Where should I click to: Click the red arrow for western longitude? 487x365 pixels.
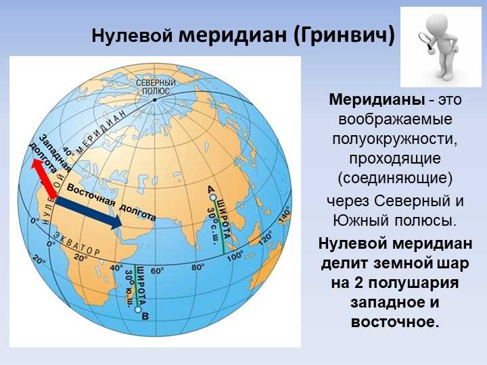click(45, 178)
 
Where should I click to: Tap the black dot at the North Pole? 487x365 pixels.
click(154, 100)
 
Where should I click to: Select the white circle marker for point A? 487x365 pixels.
click(213, 197)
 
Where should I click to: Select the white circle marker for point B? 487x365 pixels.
click(138, 309)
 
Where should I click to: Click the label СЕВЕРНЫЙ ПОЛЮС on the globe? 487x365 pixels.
click(156, 87)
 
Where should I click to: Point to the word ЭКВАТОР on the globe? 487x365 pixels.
click(76, 243)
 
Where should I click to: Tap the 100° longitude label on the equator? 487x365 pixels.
click(235, 256)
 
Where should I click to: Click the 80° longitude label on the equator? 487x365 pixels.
click(198, 267)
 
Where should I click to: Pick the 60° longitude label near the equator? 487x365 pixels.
click(157, 270)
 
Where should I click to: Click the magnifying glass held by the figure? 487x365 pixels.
click(425, 41)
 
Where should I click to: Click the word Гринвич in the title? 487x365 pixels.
click(343, 36)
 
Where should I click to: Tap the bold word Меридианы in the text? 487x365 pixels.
click(377, 100)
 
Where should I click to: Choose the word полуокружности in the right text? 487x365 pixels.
click(395, 139)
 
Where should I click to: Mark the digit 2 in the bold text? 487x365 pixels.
click(358, 283)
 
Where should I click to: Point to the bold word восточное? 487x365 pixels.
click(395, 322)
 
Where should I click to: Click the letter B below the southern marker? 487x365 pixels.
click(145, 316)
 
